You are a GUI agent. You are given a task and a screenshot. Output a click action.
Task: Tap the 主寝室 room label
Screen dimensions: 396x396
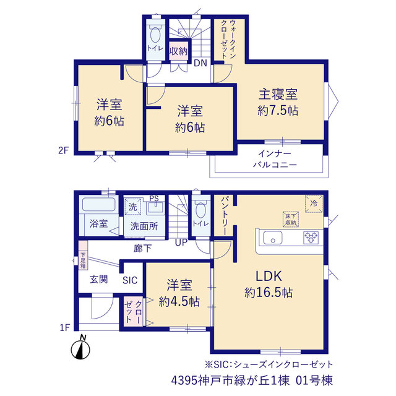click(x=278, y=94)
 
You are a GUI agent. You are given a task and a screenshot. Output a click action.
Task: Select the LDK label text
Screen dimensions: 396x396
click(x=269, y=276)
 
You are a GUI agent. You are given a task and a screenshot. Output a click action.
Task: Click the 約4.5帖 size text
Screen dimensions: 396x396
click(x=179, y=301)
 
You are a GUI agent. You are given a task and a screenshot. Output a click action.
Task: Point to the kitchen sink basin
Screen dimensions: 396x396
click(x=273, y=238)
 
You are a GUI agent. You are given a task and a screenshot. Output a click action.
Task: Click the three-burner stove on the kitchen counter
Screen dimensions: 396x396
click(x=311, y=238)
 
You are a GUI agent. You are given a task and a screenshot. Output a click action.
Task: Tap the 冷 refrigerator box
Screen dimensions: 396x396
click(x=314, y=204)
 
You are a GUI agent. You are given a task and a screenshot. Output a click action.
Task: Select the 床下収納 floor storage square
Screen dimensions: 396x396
click(x=291, y=219)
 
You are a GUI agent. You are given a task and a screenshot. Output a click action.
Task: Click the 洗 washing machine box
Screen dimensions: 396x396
click(x=133, y=207)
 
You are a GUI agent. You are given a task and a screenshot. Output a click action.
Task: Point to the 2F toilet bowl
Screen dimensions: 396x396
click(x=155, y=34)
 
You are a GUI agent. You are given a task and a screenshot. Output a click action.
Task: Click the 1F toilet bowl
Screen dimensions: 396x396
click(x=200, y=210)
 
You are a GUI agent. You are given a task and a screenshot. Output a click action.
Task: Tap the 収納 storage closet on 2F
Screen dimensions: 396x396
click(x=179, y=51)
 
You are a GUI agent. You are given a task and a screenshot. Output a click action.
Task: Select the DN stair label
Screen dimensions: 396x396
click(x=200, y=63)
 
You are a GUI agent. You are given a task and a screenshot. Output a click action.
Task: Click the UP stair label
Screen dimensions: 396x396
click(x=181, y=243)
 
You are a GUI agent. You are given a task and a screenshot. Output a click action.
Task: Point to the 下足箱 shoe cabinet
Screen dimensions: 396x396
click(x=83, y=255)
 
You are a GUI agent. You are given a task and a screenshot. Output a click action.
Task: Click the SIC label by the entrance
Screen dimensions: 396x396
click(x=130, y=280)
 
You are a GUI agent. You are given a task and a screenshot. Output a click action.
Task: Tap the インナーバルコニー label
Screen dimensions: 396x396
click(x=275, y=159)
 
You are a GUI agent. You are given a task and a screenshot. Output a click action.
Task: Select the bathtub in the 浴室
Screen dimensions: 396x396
click(x=99, y=204)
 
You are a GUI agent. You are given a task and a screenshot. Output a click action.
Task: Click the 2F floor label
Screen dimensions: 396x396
click(x=63, y=150)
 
